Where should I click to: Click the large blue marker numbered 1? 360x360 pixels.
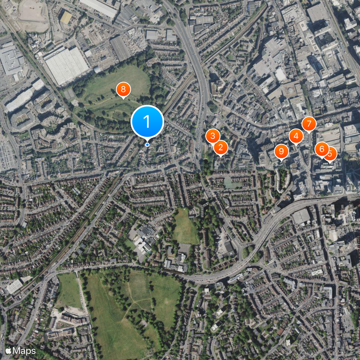[x=147, y=121]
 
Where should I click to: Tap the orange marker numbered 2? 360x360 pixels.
[x=220, y=147]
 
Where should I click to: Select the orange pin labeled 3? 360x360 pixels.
[x=213, y=135]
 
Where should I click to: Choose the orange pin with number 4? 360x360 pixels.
[x=296, y=135]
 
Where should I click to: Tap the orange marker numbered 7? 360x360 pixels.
[x=309, y=123]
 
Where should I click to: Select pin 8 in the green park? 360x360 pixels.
[x=123, y=90]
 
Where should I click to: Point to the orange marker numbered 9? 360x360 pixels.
[x=281, y=151]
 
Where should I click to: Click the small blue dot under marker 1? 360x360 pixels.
[x=147, y=144]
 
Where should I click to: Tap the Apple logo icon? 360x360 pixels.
[x=8, y=350]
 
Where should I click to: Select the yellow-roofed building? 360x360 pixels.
[x=66, y=18]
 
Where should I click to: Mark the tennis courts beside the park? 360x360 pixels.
[x=69, y=94]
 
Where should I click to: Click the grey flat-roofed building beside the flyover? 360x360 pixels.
[x=301, y=216]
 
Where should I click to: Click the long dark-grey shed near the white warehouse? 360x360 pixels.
[x=120, y=48]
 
